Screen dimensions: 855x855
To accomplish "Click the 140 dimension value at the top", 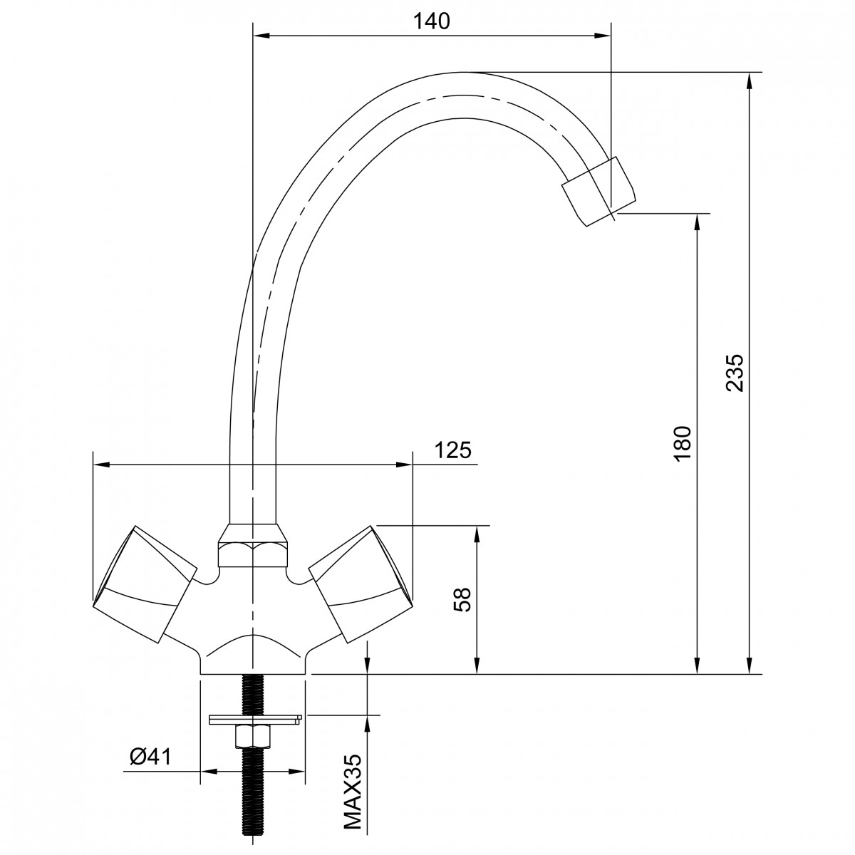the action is pyautogui.click(x=431, y=21).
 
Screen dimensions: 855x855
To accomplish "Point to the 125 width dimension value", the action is pyautogui.click(x=452, y=450).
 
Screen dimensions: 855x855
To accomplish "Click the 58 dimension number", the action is pyautogui.click(x=463, y=601).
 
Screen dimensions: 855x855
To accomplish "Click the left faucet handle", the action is pyautogui.click(x=145, y=584).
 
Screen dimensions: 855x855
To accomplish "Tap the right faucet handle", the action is pyautogui.click(x=361, y=584).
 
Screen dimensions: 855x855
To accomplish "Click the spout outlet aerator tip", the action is pyautogui.click(x=598, y=191).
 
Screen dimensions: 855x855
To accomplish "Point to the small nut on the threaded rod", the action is pyautogui.click(x=252, y=737).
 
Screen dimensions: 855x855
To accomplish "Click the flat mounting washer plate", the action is pyautogui.click(x=255, y=719).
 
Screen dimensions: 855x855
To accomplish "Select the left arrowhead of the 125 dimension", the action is pyautogui.click(x=102, y=465).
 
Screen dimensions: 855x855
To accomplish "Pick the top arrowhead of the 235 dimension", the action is pyautogui.click(x=750, y=81).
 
